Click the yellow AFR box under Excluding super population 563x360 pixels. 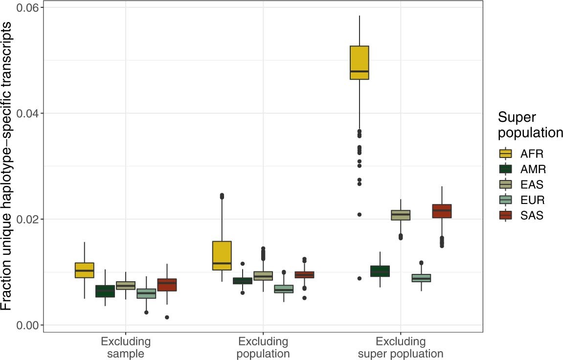(x=359, y=63)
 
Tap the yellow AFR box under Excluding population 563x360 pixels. (x=222, y=255)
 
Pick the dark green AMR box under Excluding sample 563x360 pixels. (x=105, y=291)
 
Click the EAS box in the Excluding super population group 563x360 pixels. (x=401, y=215)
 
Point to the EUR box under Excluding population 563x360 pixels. (x=284, y=289)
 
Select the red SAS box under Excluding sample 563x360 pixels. (x=167, y=285)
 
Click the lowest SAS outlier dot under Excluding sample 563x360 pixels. (x=167, y=317)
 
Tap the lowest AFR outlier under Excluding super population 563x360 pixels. (x=359, y=278)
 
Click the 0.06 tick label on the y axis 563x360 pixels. (x=27, y=8)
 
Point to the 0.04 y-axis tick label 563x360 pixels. (x=27, y=113)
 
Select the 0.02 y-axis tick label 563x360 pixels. (x=27, y=219)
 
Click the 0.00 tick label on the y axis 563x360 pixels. (x=27, y=325)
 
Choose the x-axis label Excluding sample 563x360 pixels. (x=126, y=347)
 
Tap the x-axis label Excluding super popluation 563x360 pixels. (x=401, y=347)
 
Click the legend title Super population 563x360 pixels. (x=530, y=125)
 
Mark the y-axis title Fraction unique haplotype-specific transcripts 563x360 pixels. (x=8, y=166)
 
